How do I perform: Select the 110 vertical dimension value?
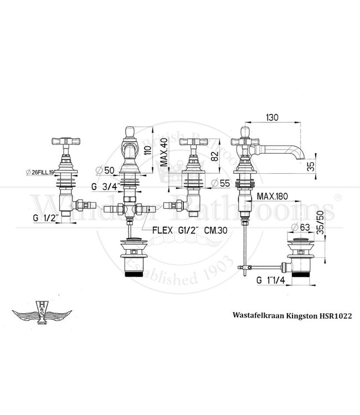[x=147, y=145]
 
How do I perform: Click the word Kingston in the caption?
[x=291, y=313]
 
